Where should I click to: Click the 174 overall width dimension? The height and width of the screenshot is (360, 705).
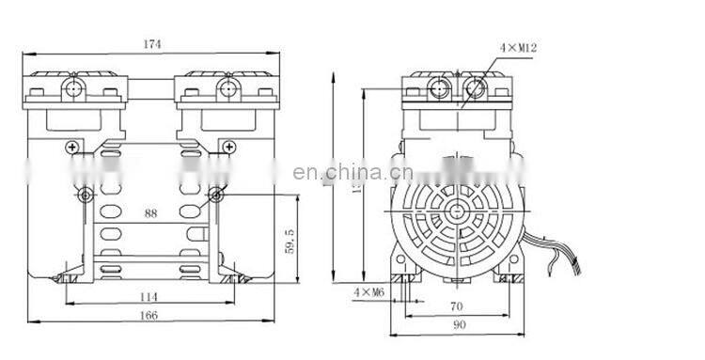(149, 43)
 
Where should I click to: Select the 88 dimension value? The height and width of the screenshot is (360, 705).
(150, 213)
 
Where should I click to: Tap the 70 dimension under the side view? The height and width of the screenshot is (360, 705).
(457, 305)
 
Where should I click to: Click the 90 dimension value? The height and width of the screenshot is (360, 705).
(457, 325)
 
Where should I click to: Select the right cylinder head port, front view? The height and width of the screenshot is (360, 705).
(225, 89)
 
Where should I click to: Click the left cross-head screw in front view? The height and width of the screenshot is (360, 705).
(72, 147)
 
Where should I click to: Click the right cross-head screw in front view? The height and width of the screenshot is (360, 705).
(227, 147)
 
